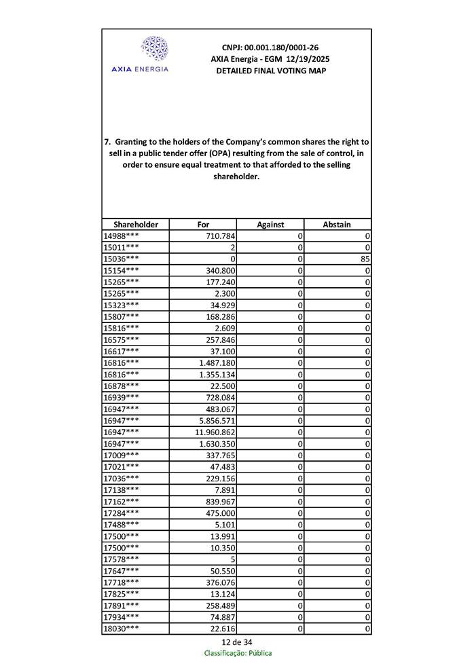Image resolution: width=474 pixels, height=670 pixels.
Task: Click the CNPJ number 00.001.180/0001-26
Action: (x=270, y=48)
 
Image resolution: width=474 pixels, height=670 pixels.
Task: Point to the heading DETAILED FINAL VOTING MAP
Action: (x=270, y=71)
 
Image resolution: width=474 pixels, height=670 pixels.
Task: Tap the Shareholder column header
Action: (x=136, y=225)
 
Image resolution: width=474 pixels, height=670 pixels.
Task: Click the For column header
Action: (x=203, y=225)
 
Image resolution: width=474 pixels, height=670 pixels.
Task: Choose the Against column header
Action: (x=270, y=225)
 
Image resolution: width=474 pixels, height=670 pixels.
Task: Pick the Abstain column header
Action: (x=338, y=225)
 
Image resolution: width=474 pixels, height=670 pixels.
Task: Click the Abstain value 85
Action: (x=365, y=259)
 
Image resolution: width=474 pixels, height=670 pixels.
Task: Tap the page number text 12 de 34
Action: (x=236, y=641)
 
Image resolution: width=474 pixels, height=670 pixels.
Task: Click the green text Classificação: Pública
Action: (x=238, y=653)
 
